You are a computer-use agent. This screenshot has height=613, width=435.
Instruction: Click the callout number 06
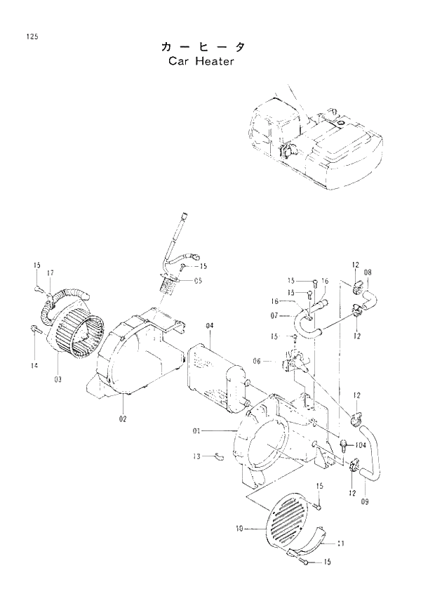[257, 361]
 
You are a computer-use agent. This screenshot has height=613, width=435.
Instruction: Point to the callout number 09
[365, 501]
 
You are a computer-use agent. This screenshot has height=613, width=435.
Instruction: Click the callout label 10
[240, 529]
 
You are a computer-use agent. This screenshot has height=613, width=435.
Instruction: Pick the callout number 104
[361, 445]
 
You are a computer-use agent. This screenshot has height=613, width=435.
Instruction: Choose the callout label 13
[197, 456]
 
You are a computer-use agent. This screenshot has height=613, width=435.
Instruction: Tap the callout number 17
[51, 272]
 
